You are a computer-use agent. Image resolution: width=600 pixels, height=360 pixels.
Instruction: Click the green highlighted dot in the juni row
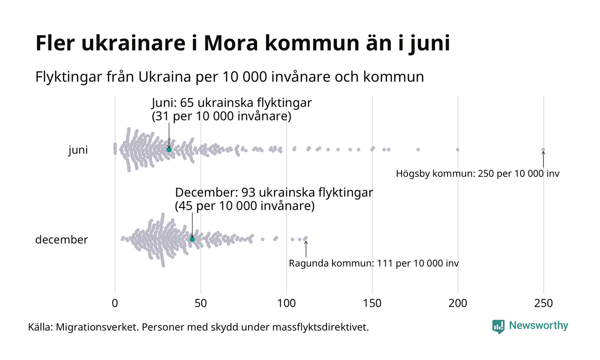(x=169, y=150)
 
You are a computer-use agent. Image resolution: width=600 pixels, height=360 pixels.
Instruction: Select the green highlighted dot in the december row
(x=192, y=239)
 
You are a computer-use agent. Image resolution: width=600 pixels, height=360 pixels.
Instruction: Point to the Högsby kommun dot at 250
(x=543, y=150)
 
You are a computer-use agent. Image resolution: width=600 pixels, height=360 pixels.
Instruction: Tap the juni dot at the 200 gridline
(x=458, y=150)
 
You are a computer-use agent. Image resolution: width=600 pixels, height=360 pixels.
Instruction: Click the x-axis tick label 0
(x=115, y=303)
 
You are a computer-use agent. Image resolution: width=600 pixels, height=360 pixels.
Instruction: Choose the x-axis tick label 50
(x=201, y=303)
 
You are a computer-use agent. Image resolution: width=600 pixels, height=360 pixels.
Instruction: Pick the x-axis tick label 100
(x=286, y=303)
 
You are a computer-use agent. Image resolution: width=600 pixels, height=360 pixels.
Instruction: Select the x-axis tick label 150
(x=372, y=303)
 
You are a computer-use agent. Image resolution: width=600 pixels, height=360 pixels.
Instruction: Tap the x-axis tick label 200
(x=458, y=303)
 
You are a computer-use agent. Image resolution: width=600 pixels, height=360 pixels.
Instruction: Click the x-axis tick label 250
(x=543, y=303)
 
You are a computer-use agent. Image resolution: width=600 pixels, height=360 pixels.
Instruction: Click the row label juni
(x=78, y=150)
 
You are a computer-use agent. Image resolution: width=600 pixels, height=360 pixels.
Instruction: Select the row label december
(x=61, y=240)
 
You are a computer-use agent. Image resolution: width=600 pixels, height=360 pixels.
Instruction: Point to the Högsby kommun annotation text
(x=477, y=174)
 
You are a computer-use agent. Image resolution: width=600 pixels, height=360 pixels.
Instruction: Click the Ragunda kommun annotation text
(x=373, y=263)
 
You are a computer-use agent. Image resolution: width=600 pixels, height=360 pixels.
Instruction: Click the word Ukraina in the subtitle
(x=161, y=77)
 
